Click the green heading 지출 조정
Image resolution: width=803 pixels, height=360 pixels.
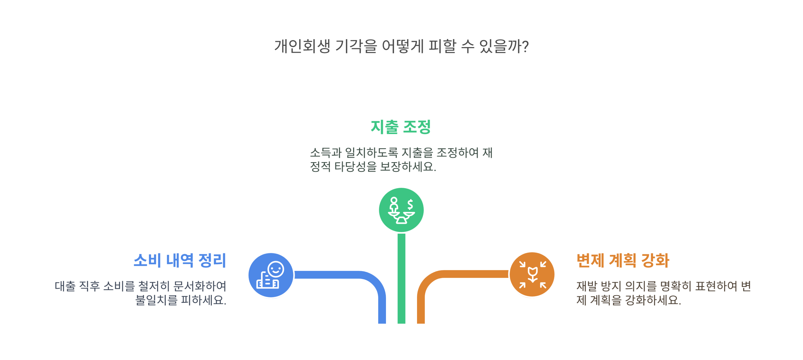401,127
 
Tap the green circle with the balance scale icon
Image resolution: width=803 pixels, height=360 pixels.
401,210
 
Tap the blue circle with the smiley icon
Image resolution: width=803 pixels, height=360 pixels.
271,275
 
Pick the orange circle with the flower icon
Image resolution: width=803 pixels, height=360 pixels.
532,274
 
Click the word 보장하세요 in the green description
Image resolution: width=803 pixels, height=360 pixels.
408,167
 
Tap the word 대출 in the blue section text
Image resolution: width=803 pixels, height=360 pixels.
65,286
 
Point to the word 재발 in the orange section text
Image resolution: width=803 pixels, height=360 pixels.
586,286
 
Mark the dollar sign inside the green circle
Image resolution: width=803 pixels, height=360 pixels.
410,204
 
